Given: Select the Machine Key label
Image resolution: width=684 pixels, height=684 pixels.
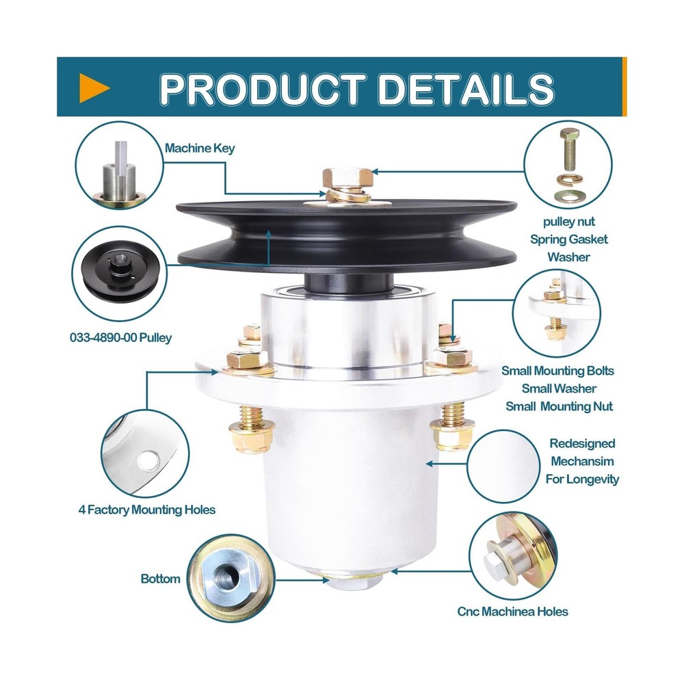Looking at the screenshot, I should point(200,148).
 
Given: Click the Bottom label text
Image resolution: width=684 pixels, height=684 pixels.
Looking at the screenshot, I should point(161,579).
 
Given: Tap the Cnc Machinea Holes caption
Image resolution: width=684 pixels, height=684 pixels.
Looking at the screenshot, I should point(512,611).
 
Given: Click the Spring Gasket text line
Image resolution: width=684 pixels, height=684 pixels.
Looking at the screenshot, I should point(568,239).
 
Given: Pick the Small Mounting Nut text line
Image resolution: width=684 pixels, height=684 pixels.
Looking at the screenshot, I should point(559,406).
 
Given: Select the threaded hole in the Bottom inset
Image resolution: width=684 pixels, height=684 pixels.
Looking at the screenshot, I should point(226,578).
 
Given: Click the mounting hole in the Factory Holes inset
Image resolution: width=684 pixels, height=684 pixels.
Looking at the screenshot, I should point(146,462).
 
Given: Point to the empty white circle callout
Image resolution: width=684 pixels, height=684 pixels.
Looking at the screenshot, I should point(507,462).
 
